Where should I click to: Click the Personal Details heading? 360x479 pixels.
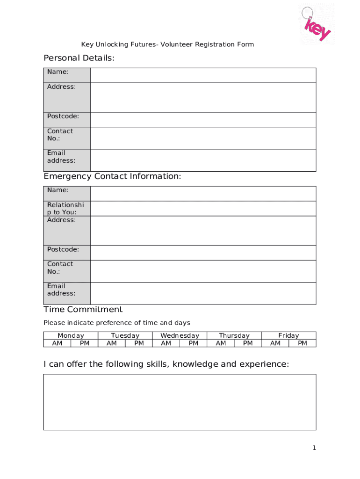79,58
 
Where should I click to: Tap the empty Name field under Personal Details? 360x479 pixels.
203,75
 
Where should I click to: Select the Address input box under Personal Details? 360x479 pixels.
203,97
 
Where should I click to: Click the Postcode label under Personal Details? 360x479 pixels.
63,116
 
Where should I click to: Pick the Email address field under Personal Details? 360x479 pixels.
203,160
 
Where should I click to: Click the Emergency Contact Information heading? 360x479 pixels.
112,176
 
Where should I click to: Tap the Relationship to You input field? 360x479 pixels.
203,209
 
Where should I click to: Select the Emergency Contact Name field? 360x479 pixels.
203,194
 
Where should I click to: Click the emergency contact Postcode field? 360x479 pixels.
203,253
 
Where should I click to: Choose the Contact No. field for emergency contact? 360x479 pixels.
203,271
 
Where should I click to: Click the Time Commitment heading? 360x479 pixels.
83,309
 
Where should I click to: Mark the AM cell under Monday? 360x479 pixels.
57,343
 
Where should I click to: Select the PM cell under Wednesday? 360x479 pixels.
194,343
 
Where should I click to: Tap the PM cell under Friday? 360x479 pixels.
302,343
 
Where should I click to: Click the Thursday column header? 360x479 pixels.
234,335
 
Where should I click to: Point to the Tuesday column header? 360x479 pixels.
125,335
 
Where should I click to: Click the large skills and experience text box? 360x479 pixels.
180,402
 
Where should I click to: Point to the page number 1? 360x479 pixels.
315,448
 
